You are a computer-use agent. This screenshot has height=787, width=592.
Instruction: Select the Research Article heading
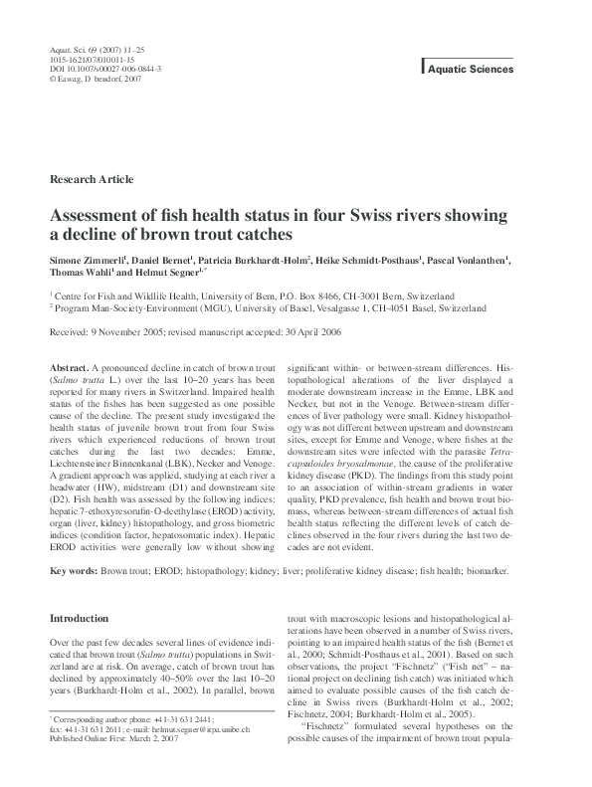pos(91,179)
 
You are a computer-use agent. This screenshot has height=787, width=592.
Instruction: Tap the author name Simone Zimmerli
pos(91,259)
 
